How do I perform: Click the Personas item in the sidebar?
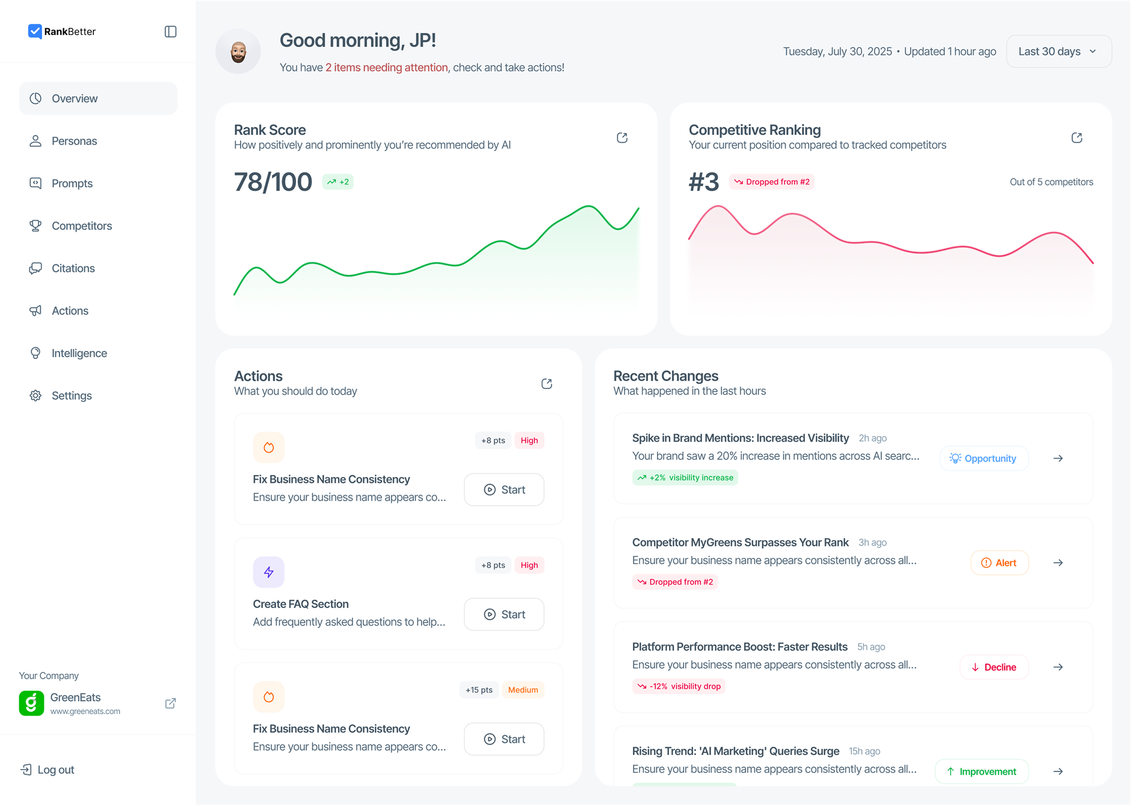click(74, 141)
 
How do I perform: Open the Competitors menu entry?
click(81, 226)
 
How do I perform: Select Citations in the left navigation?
click(73, 269)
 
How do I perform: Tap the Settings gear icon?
click(35, 396)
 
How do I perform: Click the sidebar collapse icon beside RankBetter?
click(170, 32)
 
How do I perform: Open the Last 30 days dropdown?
click(1058, 52)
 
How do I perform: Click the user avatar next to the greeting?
click(238, 52)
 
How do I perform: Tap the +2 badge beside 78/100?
click(338, 182)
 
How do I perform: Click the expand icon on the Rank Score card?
click(622, 138)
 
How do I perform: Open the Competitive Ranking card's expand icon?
click(1077, 138)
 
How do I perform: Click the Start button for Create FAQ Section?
click(504, 614)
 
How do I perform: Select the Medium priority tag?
click(523, 690)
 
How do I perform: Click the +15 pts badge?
click(479, 690)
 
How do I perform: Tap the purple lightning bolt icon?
click(268, 572)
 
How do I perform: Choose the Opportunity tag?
click(984, 458)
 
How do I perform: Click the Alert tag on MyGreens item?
click(999, 563)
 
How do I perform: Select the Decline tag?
click(994, 667)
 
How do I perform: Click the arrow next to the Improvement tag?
click(1058, 771)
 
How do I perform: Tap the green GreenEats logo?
click(31, 703)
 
